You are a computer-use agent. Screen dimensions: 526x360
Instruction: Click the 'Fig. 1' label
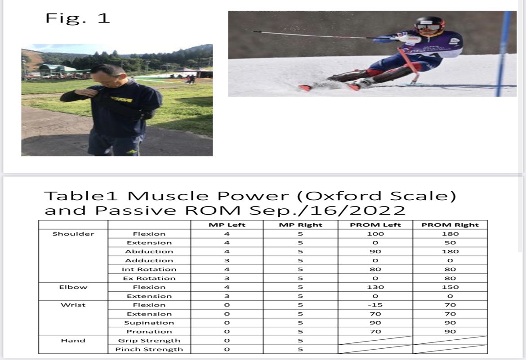pyautogui.click(x=77, y=18)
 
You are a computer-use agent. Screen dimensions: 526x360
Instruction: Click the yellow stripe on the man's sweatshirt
pyautogui.click(x=121, y=99)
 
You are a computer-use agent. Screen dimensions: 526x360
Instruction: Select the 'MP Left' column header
pyautogui.click(x=227, y=225)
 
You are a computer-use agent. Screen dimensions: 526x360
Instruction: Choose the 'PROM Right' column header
pyautogui.click(x=450, y=225)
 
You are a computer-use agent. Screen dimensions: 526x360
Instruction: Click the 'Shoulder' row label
pyautogui.click(x=73, y=234)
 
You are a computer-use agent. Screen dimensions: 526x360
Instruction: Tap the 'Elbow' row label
pyautogui.click(x=73, y=287)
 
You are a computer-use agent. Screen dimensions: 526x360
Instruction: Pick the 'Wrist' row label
pyautogui.click(x=73, y=305)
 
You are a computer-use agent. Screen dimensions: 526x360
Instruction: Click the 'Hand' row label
pyautogui.click(x=73, y=341)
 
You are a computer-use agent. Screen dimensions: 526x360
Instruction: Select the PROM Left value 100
pyautogui.click(x=375, y=234)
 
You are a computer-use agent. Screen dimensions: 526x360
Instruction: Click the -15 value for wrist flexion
pyautogui.click(x=375, y=305)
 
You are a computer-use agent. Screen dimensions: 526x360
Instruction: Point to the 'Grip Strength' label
pyautogui.click(x=149, y=341)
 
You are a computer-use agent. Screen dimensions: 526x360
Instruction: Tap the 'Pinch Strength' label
pyautogui.click(x=149, y=349)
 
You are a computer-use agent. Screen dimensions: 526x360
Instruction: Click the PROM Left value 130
pyautogui.click(x=375, y=287)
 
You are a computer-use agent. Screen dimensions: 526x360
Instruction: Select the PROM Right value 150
pyautogui.click(x=450, y=287)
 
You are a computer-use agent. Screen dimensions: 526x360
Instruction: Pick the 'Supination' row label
pyautogui.click(x=149, y=323)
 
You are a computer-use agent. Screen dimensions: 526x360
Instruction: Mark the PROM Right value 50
pyautogui.click(x=450, y=243)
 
